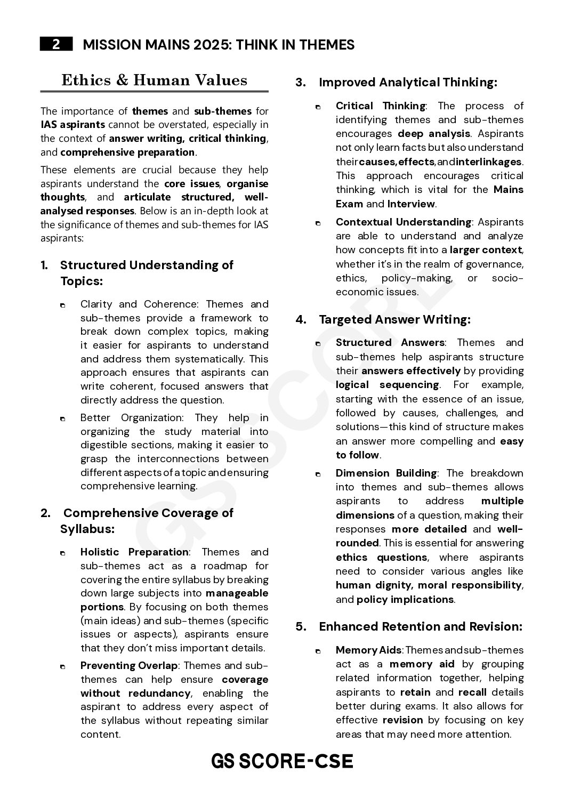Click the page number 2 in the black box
[x=56, y=45]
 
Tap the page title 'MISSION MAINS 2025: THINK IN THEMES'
[x=219, y=45]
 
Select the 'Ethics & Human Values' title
[x=154, y=80]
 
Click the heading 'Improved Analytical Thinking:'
[x=408, y=82]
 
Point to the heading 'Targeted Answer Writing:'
[x=394, y=319]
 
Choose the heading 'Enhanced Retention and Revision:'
[x=420, y=626]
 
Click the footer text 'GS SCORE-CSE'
[x=282, y=761]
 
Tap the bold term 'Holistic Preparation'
[x=134, y=552]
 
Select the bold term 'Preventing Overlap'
[x=128, y=665]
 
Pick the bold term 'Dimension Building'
[x=386, y=473]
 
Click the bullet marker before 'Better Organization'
[x=63, y=418]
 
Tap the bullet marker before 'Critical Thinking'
[x=318, y=107]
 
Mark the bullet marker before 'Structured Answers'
[x=318, y=343]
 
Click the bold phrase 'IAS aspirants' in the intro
[x=72, y=125]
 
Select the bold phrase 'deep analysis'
[x=434, y=133]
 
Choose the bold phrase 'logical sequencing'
[x=387, y=384]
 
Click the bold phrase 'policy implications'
[x=405, y=599]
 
